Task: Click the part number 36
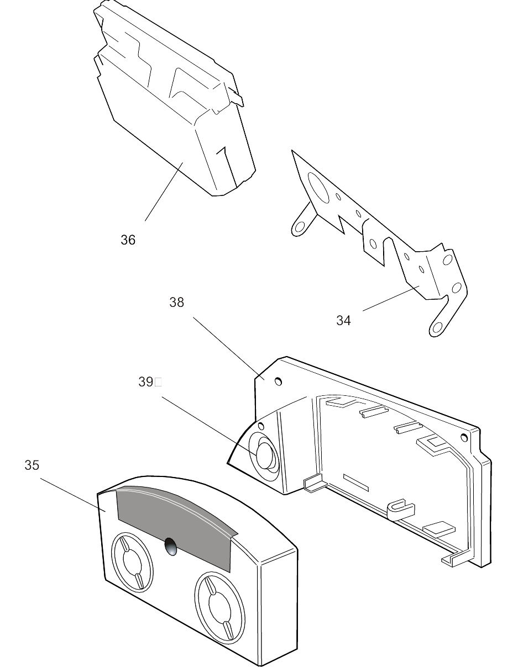(x=128, y=240)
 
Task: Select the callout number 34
(x=343, y=321)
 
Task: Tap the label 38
(x=176, y=303)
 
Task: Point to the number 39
(x=145, y=382)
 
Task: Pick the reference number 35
(x=32, y=465)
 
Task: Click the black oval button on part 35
(x=171, y=546)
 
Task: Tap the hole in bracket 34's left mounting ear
(x=300, y=227)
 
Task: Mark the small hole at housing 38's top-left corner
(x=279, y=381)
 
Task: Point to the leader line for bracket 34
(x=390, y=299)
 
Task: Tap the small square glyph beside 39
(x=158, y=381)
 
